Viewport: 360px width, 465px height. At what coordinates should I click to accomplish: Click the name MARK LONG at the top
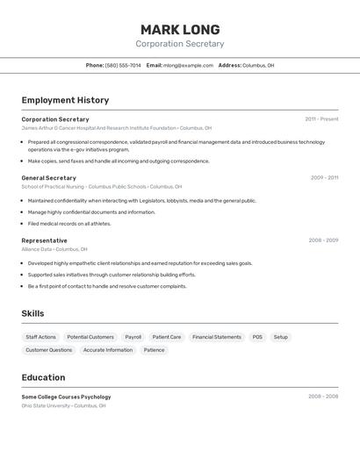pos(179,30)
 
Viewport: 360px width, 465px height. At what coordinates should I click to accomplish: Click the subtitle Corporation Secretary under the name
pos(179,44)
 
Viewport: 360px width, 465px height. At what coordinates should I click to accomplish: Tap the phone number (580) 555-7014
pos(123,65)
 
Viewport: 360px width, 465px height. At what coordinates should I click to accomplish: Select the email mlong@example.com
pos(188,65)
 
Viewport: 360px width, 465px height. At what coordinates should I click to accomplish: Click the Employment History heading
pos(65,100)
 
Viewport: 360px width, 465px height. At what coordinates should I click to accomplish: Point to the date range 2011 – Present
pos(321,119)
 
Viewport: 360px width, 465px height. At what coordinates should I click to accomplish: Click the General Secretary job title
pos(48,178)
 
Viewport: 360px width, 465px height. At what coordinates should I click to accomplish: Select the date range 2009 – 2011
pos(324,178)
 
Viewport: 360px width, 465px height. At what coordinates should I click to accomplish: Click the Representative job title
pos(44,240)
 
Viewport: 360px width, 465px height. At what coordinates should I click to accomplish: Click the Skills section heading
pos(32,313)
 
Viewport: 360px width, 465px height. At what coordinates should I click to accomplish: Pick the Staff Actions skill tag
pos(40,337)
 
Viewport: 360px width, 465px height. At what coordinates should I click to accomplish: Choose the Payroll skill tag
pos(133,337)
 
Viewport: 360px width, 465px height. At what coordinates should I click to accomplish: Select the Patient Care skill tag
pos(167,337)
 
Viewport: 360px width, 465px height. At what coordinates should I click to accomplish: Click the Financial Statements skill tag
pos(217,337)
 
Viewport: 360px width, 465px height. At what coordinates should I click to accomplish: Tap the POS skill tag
pos(257,337)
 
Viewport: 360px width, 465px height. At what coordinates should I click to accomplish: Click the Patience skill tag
pos(154,350)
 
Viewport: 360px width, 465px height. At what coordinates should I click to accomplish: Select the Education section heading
pos(43,377)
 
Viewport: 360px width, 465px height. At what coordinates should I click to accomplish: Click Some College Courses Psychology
pos(66,397)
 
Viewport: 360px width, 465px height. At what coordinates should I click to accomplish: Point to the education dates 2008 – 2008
pos(323,397)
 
